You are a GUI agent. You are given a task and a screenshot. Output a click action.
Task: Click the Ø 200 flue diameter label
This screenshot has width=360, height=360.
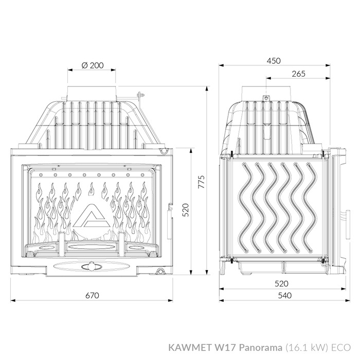pyautogui.click(x=93, y=65)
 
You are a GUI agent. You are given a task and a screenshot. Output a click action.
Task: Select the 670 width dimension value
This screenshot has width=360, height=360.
pyautogui.click(x=92, y=296)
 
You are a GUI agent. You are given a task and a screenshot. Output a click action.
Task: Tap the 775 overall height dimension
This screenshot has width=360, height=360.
pyautogui.click(x=202, y=182)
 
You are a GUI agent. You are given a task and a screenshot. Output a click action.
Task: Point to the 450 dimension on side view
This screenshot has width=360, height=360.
pyautogui.click(x=274, y=61)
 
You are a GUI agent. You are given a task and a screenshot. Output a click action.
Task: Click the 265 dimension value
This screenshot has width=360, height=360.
pyautogui.click(x=298, y=74)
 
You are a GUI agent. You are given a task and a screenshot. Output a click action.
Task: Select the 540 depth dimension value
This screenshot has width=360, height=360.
pyautogui.click(x=285, y=296)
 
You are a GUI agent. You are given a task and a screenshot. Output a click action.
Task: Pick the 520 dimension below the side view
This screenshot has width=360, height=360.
pyautogui.click(x=281, y=283)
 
